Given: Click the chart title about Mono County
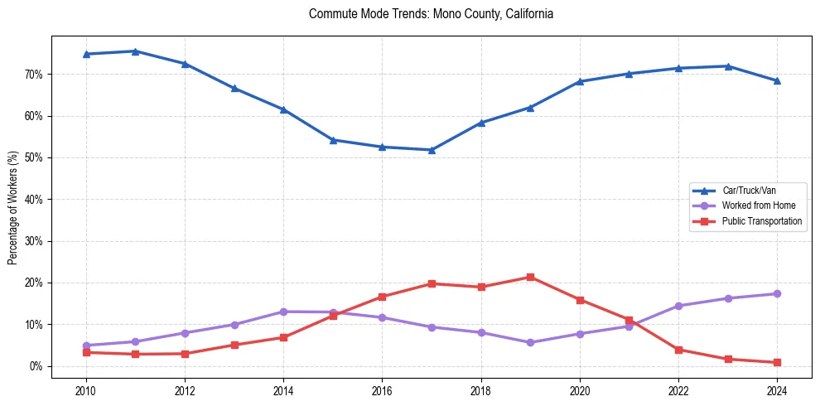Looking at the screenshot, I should [431, 14].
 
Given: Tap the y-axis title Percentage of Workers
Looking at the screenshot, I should [13, 208].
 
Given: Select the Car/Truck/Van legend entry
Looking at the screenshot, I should [748, 191].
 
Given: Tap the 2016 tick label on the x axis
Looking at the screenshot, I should [382, 389].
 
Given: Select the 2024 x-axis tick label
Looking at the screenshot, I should [777, 389].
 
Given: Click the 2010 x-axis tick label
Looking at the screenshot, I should [85, 389].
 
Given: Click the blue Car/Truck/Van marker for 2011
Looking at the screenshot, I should [135, 51].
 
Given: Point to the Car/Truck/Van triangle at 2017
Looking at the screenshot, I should [432, 150].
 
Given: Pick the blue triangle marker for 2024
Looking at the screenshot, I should [777, 81].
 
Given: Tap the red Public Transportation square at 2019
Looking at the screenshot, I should [530, 277].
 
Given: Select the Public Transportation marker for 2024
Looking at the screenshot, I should [777, 362].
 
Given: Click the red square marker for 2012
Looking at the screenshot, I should [185, 354].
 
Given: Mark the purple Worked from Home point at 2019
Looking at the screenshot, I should [530, 342].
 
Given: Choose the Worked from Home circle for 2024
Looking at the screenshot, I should [777, 294].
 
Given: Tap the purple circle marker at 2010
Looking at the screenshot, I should [85, 346].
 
